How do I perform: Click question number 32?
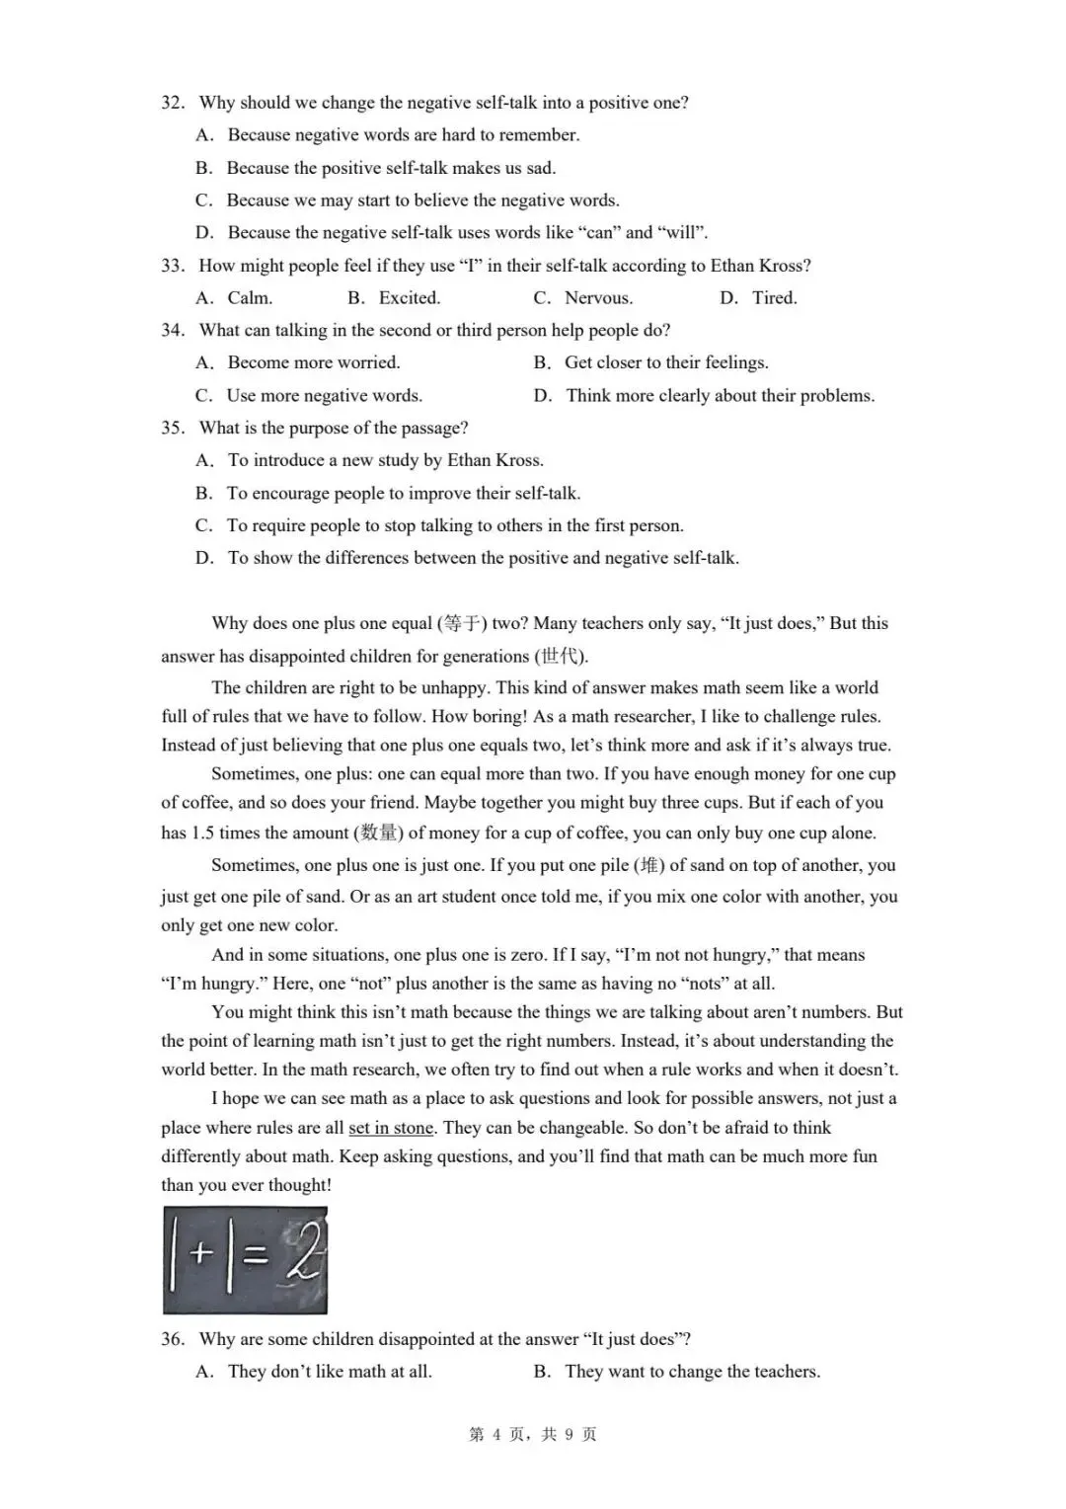tap(173, 103)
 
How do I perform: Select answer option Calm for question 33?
tap(249, 298)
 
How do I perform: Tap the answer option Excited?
tap(409, 298)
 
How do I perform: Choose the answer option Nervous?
tap(598, 298)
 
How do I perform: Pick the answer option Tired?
tap(774, 298)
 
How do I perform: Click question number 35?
tap(173, 428)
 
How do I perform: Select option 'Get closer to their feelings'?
tap(665, 362)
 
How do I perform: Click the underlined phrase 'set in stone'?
tap(391, 1128)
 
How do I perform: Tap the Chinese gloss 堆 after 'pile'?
tap(647, 865)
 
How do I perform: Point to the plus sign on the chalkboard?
tap(201, 1254)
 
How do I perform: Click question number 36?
tap(173, 1339)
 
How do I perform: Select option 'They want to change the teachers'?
tap(692, 1372)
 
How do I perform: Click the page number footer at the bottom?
tap(533, 1434)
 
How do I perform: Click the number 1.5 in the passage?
tap(202, 833)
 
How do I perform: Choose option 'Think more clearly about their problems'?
tap(720, 396)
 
